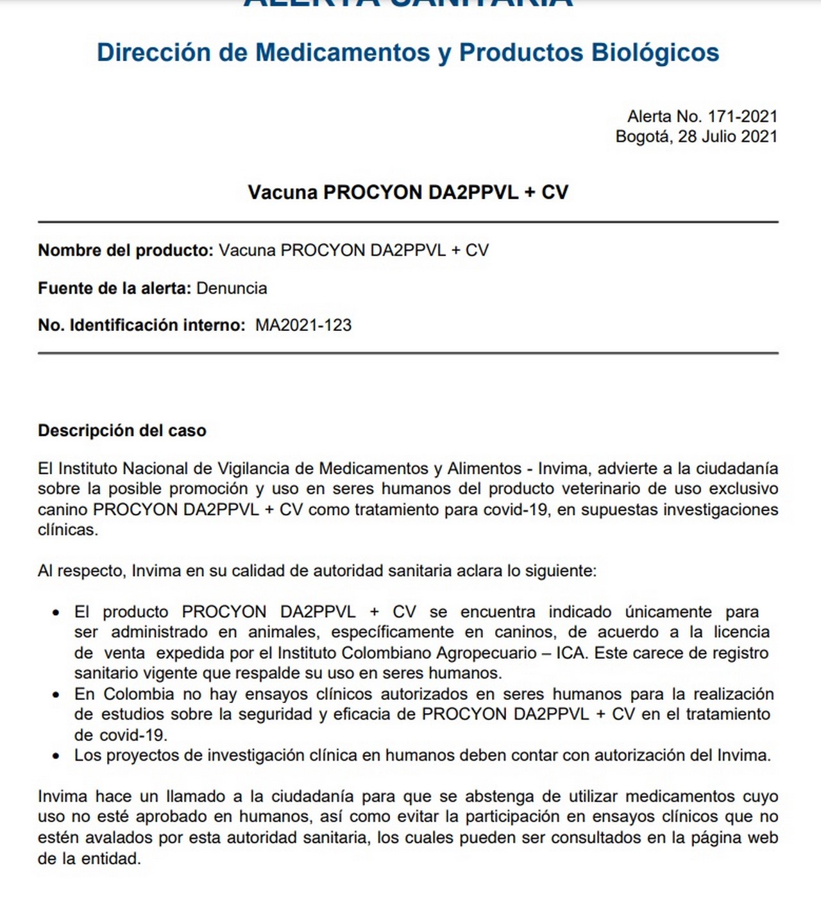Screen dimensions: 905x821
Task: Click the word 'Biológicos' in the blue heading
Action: coord(655,53)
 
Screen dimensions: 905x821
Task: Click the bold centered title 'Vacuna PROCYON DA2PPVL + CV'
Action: coord(408,192)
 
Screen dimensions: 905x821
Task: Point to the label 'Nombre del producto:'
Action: coord(126,250)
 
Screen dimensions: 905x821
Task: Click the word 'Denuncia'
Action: coord(232,288)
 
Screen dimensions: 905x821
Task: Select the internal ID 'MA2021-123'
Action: coord(303,325)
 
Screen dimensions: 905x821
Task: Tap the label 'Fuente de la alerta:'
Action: coord(115,288)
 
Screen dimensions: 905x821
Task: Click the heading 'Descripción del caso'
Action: coord(122,430)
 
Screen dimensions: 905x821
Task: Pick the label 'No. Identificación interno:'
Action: coord(142,325)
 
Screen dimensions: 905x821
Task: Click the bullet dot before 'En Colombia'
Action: coord(57,695)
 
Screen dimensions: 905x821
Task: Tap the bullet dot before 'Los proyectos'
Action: coord(57,756)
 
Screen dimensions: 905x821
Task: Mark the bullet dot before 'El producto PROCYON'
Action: coord(57,613)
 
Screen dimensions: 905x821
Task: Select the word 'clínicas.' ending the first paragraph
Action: coord(68,530)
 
